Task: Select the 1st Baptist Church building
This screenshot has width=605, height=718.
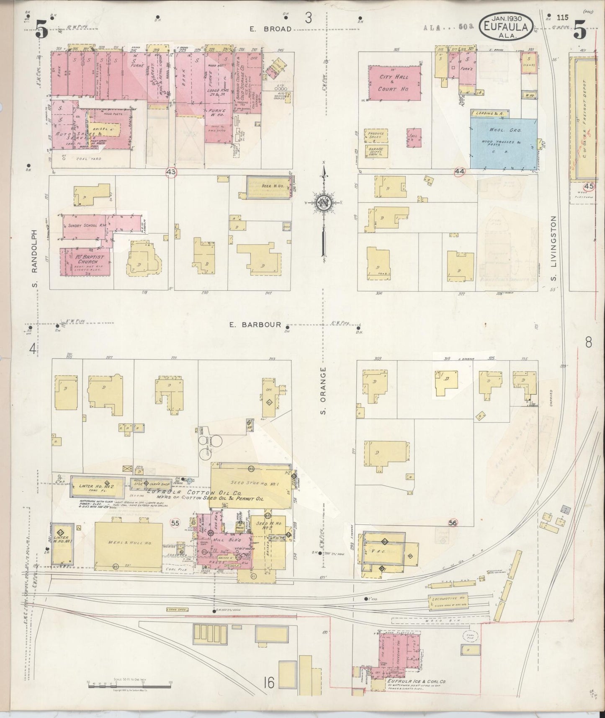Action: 85,262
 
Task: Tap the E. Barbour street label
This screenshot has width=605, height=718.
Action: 255,324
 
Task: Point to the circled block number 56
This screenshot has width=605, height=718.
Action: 452,522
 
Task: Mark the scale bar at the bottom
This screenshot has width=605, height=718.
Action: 129,683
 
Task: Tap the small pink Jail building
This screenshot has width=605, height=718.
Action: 413,137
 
